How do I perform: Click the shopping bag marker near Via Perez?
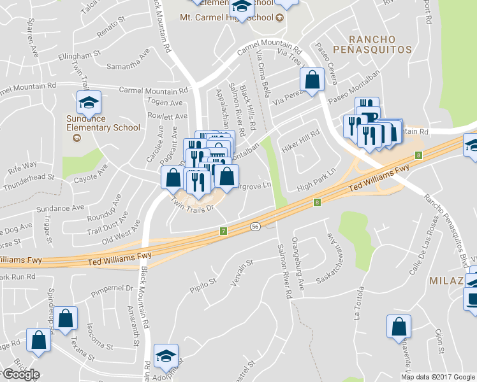312,80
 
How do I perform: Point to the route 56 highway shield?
254,226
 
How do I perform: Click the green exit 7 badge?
223,230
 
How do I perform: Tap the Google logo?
21,374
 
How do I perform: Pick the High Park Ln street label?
319,180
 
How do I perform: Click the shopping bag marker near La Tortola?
399,327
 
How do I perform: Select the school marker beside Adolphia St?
166,356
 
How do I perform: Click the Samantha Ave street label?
128,66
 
